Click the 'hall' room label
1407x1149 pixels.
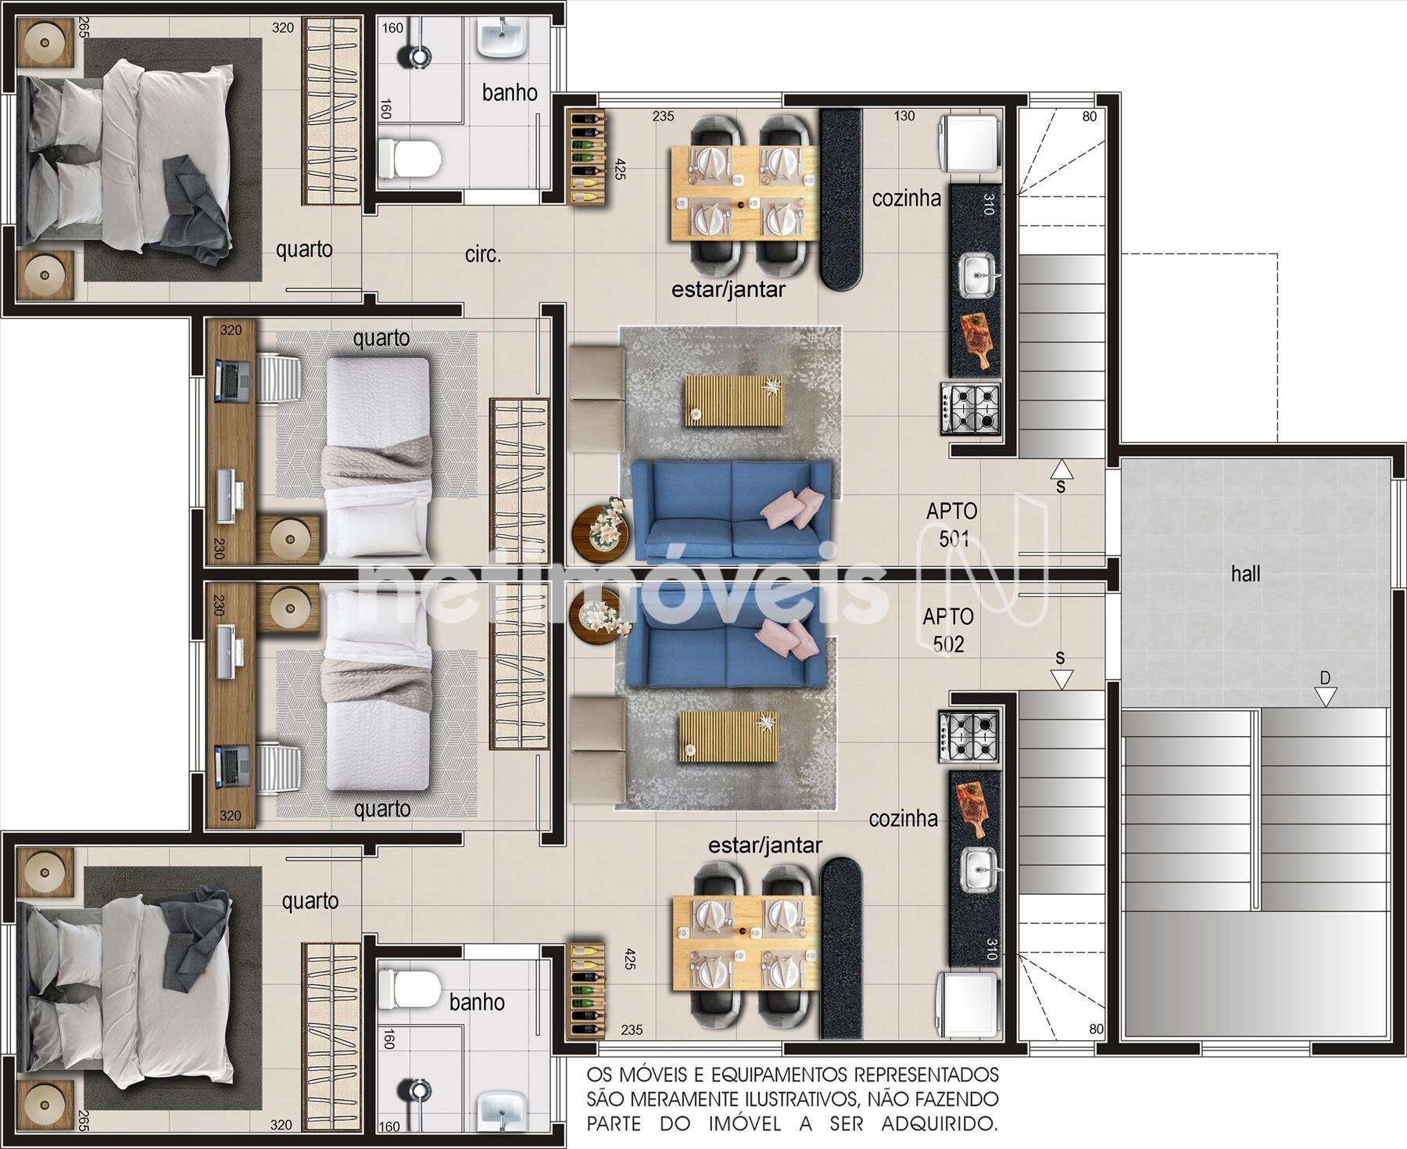tap(1245, 574)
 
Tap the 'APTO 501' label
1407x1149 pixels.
tap(952, 525)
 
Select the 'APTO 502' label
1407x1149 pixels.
tap(948, 630)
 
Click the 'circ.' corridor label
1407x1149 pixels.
tap(482, 254)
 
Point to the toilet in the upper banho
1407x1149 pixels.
tap(409, 159)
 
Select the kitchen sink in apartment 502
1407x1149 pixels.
tap(976, 870)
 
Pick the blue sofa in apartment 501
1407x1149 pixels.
tap(732, 511)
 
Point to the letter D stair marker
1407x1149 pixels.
tap(1325, 677)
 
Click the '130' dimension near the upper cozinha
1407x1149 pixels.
tap(904, 116)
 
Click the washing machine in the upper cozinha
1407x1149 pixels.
tap(971, 143)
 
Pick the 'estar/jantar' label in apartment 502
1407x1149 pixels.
tap(764, 845)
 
